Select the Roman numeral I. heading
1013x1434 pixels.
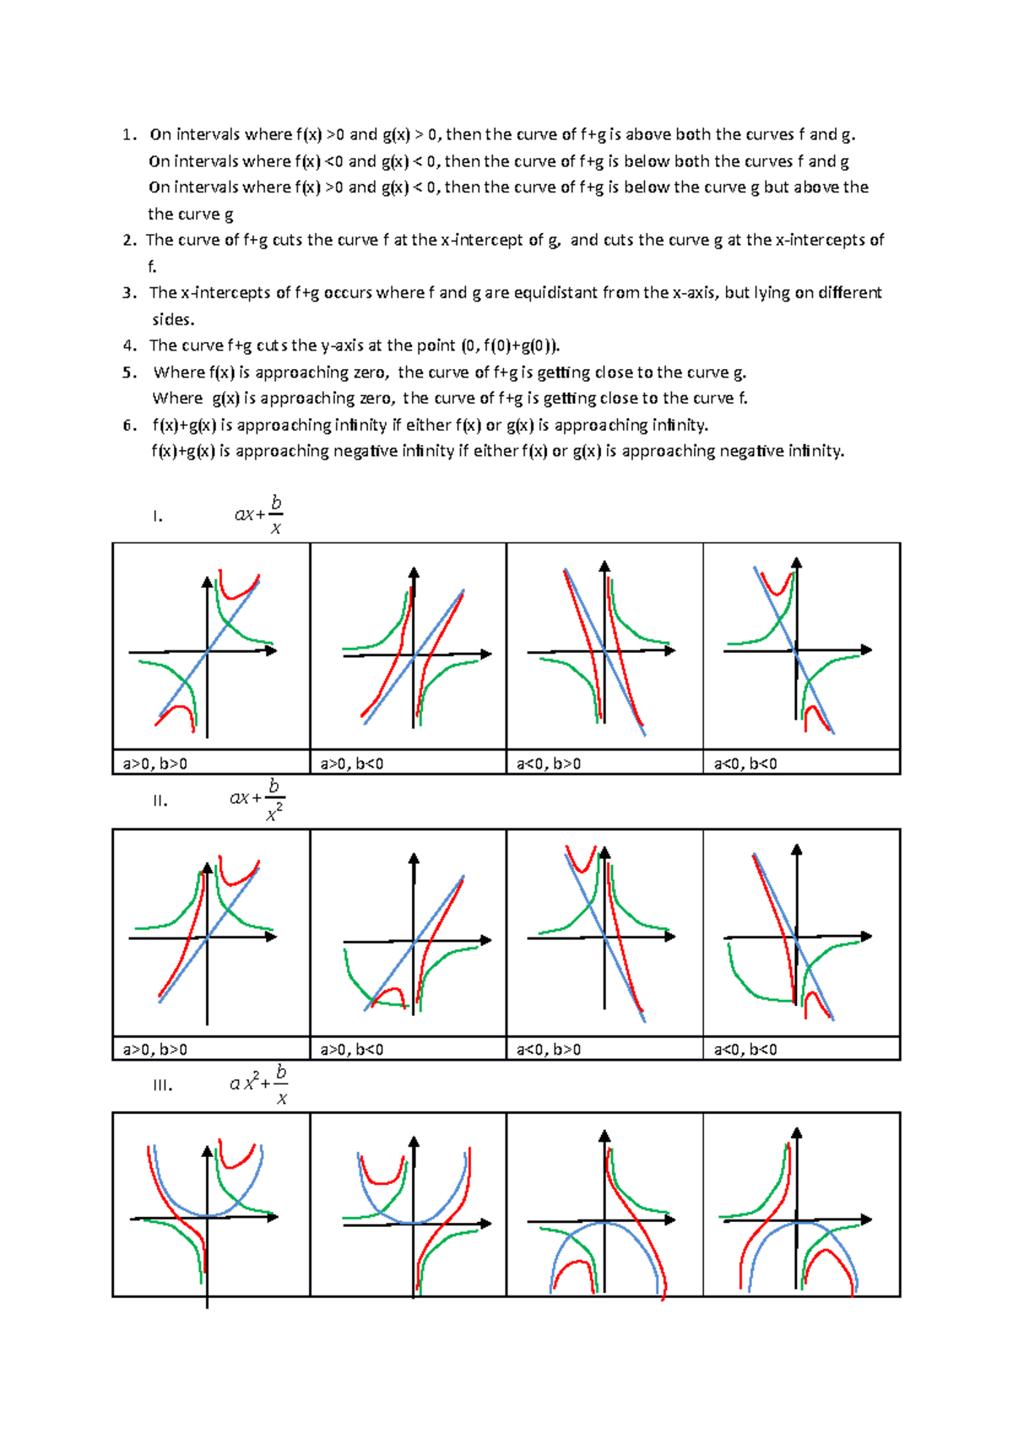click(x=158, y=516)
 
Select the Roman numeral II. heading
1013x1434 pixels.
click(x=160, y=801)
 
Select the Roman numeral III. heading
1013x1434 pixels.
click(x=162, y=1085)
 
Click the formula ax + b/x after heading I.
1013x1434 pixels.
click(x=259, y=514)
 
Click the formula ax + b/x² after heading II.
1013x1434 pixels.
click(x=257, y=799)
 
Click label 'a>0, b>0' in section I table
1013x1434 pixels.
click(x=155, y=764)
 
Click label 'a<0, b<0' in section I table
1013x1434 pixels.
click(x=745, y=764)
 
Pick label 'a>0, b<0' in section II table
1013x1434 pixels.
click(x=352, y=1050)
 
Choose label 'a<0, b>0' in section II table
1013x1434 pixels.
click(x=549, y=1050)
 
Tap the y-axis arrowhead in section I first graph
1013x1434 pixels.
click(x=207, y=582)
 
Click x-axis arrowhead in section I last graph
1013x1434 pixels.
click(x=866, y=649)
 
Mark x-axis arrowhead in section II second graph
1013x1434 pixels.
click(x=486, y=940)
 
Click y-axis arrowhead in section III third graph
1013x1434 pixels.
click(x=604, y=1137)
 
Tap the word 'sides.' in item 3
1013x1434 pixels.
click(x=173, y=319)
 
